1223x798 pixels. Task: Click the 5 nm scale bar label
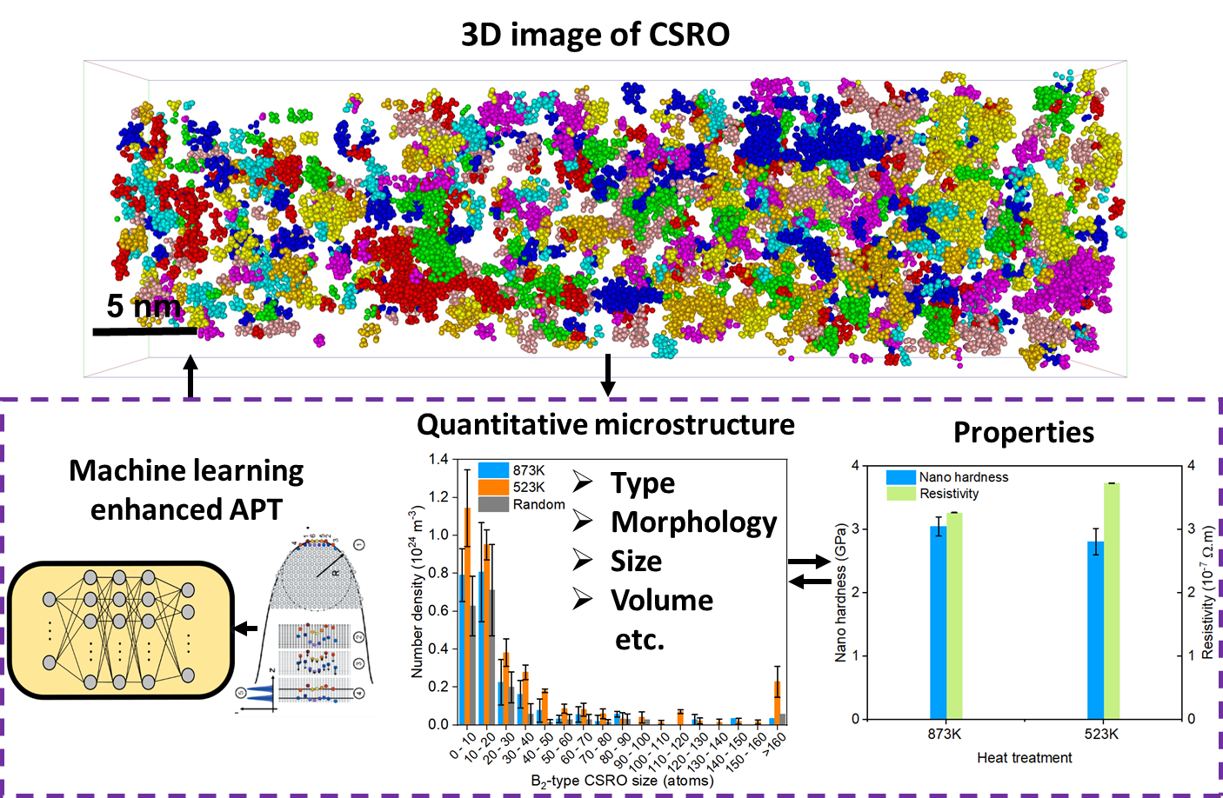tap(144, 306)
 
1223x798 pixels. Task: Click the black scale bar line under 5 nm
tap(144, 331)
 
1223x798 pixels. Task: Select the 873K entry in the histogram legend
tap(528, 470)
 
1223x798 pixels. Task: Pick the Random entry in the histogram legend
tap(538, 504)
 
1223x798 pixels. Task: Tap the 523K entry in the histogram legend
tap(528, 487)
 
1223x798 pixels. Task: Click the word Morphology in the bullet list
tap(693, 522)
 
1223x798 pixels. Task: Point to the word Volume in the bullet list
tap(661, 600)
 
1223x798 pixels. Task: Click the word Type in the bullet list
tap(642, 482)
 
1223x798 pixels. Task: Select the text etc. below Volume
tap(639, 640)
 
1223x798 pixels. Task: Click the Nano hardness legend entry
tap(963, 477)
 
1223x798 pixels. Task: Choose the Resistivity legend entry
tap(949, 494)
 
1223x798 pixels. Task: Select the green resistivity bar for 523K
tap(1111, 600)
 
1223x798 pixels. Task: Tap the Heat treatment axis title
tap(1024, 758)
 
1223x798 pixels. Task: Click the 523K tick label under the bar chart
tap(1101, 735)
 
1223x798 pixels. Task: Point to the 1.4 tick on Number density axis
tap(438, 459)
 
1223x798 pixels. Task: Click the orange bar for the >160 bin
tap(777, 702)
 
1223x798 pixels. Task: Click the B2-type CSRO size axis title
tap(622, 781)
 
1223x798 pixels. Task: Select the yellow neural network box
tap(120, 629)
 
